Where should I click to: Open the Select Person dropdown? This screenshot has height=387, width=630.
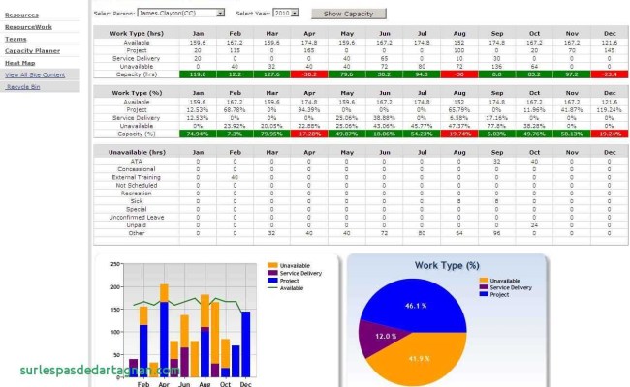(180, 15)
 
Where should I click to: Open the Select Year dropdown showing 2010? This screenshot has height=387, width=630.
(286, 15)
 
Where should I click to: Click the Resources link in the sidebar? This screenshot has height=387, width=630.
(21, 15)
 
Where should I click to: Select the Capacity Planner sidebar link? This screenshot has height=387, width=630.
(32, 50)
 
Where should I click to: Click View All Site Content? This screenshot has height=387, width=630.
(35, 74)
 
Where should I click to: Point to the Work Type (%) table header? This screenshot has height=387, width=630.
(137, 94)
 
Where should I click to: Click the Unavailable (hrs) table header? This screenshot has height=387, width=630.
(137, 151)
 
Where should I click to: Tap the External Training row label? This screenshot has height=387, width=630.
(137, 177)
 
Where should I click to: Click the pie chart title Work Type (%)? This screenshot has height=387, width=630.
(447, 265)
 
